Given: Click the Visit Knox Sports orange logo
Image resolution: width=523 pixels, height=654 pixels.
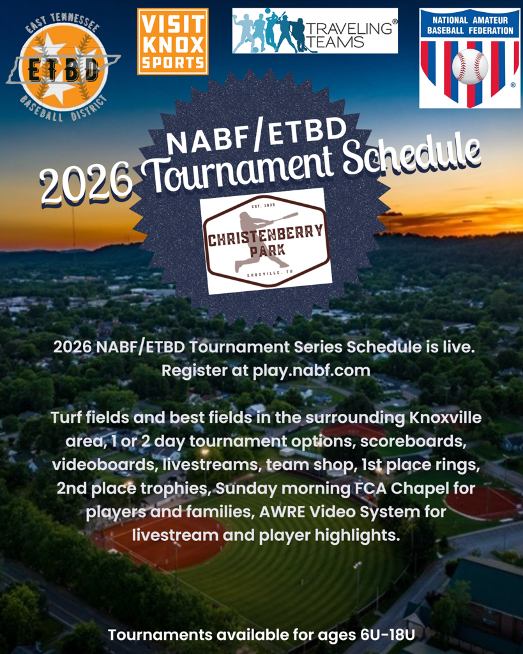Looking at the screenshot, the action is pos(172,42).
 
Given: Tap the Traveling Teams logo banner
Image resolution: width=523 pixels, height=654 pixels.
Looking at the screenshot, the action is pos(315,31).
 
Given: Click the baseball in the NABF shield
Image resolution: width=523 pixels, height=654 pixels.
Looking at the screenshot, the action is pos(470,66).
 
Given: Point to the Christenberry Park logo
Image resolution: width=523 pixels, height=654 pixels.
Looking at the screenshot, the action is pos(266,241).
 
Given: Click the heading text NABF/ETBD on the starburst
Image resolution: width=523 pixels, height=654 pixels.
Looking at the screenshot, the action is pos(256,134).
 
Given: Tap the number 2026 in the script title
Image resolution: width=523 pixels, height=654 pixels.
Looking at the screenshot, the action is pos(86,184).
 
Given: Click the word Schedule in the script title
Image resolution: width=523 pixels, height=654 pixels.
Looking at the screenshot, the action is pos(411,158).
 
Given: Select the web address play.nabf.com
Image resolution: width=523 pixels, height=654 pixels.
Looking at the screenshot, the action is pos(312,370).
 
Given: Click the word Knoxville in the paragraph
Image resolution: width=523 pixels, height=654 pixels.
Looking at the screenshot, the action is pos(446,418).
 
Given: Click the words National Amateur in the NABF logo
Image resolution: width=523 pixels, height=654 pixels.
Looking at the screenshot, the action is pos(469,20).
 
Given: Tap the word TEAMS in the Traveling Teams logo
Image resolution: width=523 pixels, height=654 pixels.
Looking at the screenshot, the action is pos(335,42).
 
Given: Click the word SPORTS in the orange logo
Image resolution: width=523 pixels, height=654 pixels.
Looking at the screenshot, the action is pos(172,63).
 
